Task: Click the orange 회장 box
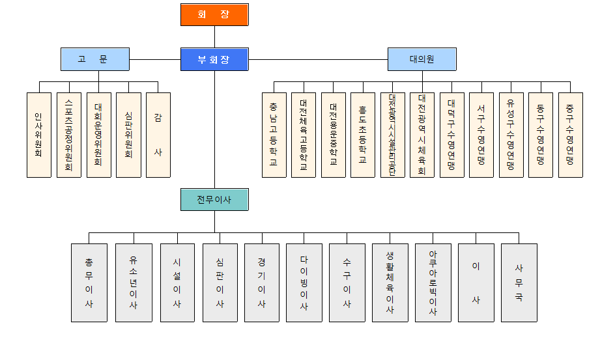coord(214,14)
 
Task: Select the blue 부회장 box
coord(214,59)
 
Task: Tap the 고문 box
coord(94,59)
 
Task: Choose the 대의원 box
coord(422,59)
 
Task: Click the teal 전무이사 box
coord(214,200)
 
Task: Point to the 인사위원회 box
coord(39,135)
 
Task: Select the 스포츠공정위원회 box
coord(69,135)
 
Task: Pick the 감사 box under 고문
coord(158,135)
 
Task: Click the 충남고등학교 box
coord(274,135)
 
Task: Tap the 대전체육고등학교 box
coord(304,135)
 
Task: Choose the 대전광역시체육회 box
coord(422,135)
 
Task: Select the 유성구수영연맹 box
coord(511,135)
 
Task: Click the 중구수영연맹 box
coord(570,135)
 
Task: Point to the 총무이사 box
coord(89,283)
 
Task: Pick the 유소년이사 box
coord(134,283)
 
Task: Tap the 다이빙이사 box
coord(304,283)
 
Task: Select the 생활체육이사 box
coord(390,283)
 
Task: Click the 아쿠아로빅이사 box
coord(433,283)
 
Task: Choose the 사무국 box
coord(519,283)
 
